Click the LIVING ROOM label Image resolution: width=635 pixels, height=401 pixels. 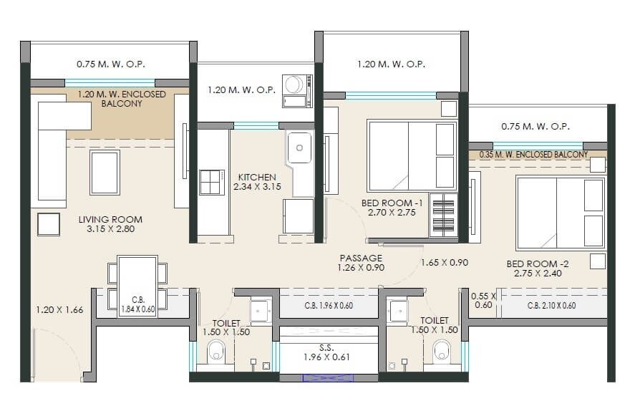pos(110,224)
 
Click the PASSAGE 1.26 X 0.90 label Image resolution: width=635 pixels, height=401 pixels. pos(361,263)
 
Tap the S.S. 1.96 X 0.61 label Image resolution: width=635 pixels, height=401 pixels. pos(326,351)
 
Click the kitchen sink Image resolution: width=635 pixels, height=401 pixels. pos(299,148)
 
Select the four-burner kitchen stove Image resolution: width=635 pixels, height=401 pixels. pos(212,183)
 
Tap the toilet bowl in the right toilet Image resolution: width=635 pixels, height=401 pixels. pos(442,354)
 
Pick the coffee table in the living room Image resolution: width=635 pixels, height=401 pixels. pos(105,173)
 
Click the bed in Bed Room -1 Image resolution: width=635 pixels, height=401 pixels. pos(412,156)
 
